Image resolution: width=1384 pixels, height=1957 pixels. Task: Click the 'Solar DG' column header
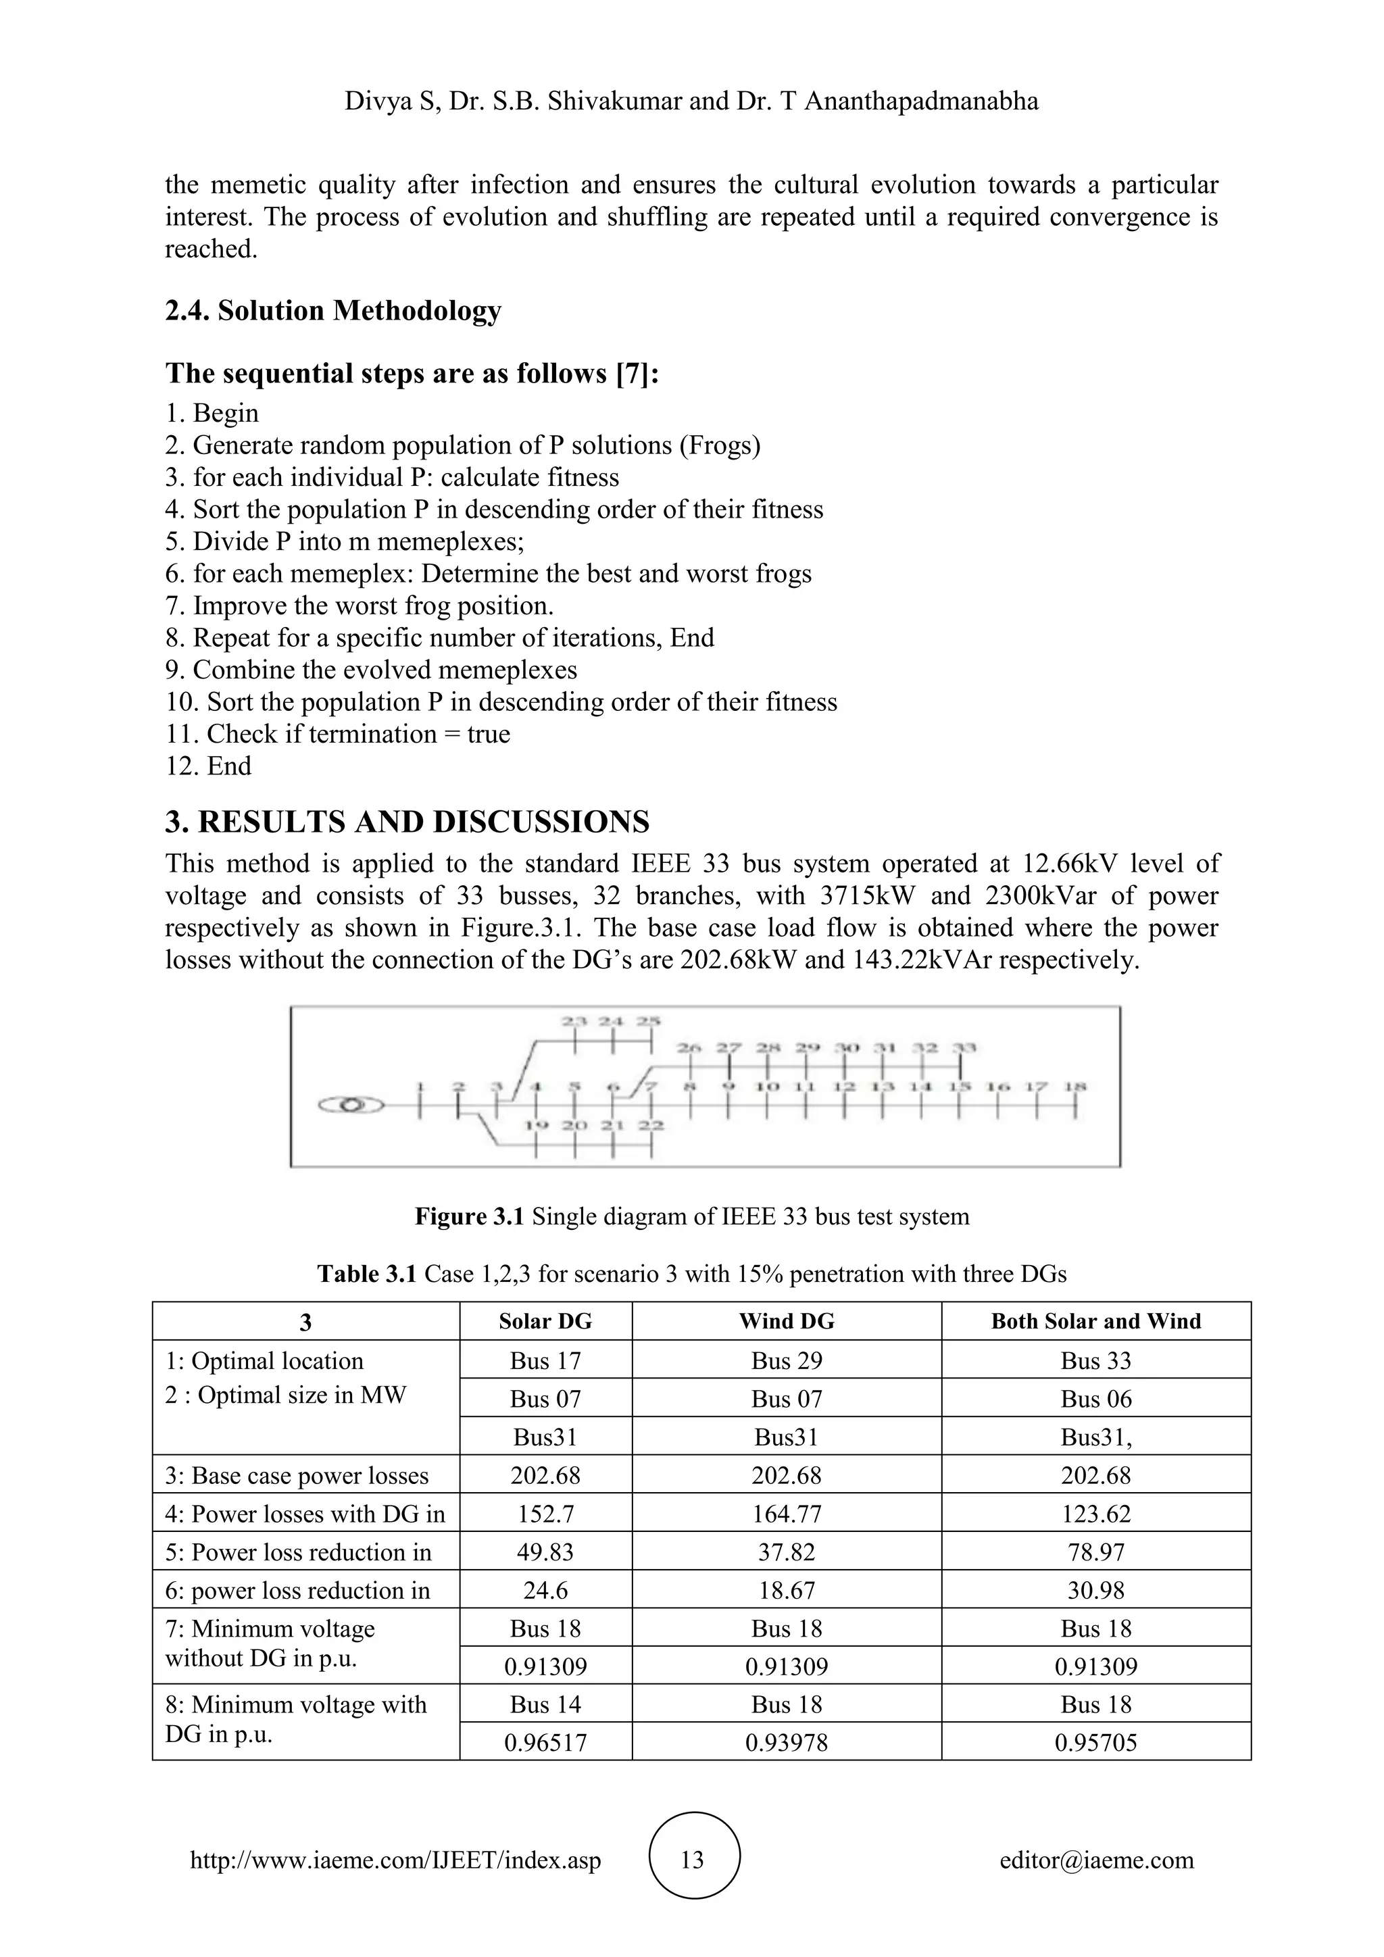(x=545, y=1321)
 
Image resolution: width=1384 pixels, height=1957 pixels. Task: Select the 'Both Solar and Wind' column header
(x=1096, y=1321)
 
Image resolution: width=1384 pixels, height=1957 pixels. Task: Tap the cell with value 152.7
(x=545, y=1514)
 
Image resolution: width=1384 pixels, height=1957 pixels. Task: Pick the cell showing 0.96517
(x=545, y=1742)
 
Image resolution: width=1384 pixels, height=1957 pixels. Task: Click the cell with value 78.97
(x=1096, y=1552)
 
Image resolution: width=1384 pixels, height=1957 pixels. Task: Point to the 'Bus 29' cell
(x=787, y=1360)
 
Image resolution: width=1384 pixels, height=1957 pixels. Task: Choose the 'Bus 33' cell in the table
(x=1096, y=1360)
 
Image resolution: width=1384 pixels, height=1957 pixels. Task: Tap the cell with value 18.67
(x=787, y=1591)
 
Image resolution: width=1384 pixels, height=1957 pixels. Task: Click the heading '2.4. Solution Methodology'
(x=332, y=310)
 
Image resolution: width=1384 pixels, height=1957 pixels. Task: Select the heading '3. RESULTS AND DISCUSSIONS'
(x=407, y=822)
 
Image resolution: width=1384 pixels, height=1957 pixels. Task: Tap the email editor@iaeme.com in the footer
(x=1096, y=1859)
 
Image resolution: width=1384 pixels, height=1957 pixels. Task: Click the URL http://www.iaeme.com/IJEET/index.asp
(x=395, y=1859)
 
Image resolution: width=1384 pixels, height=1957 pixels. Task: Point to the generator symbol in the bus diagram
(x=350, y=1106)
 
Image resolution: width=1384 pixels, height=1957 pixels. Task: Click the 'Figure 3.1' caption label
(x=469, y=1216)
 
